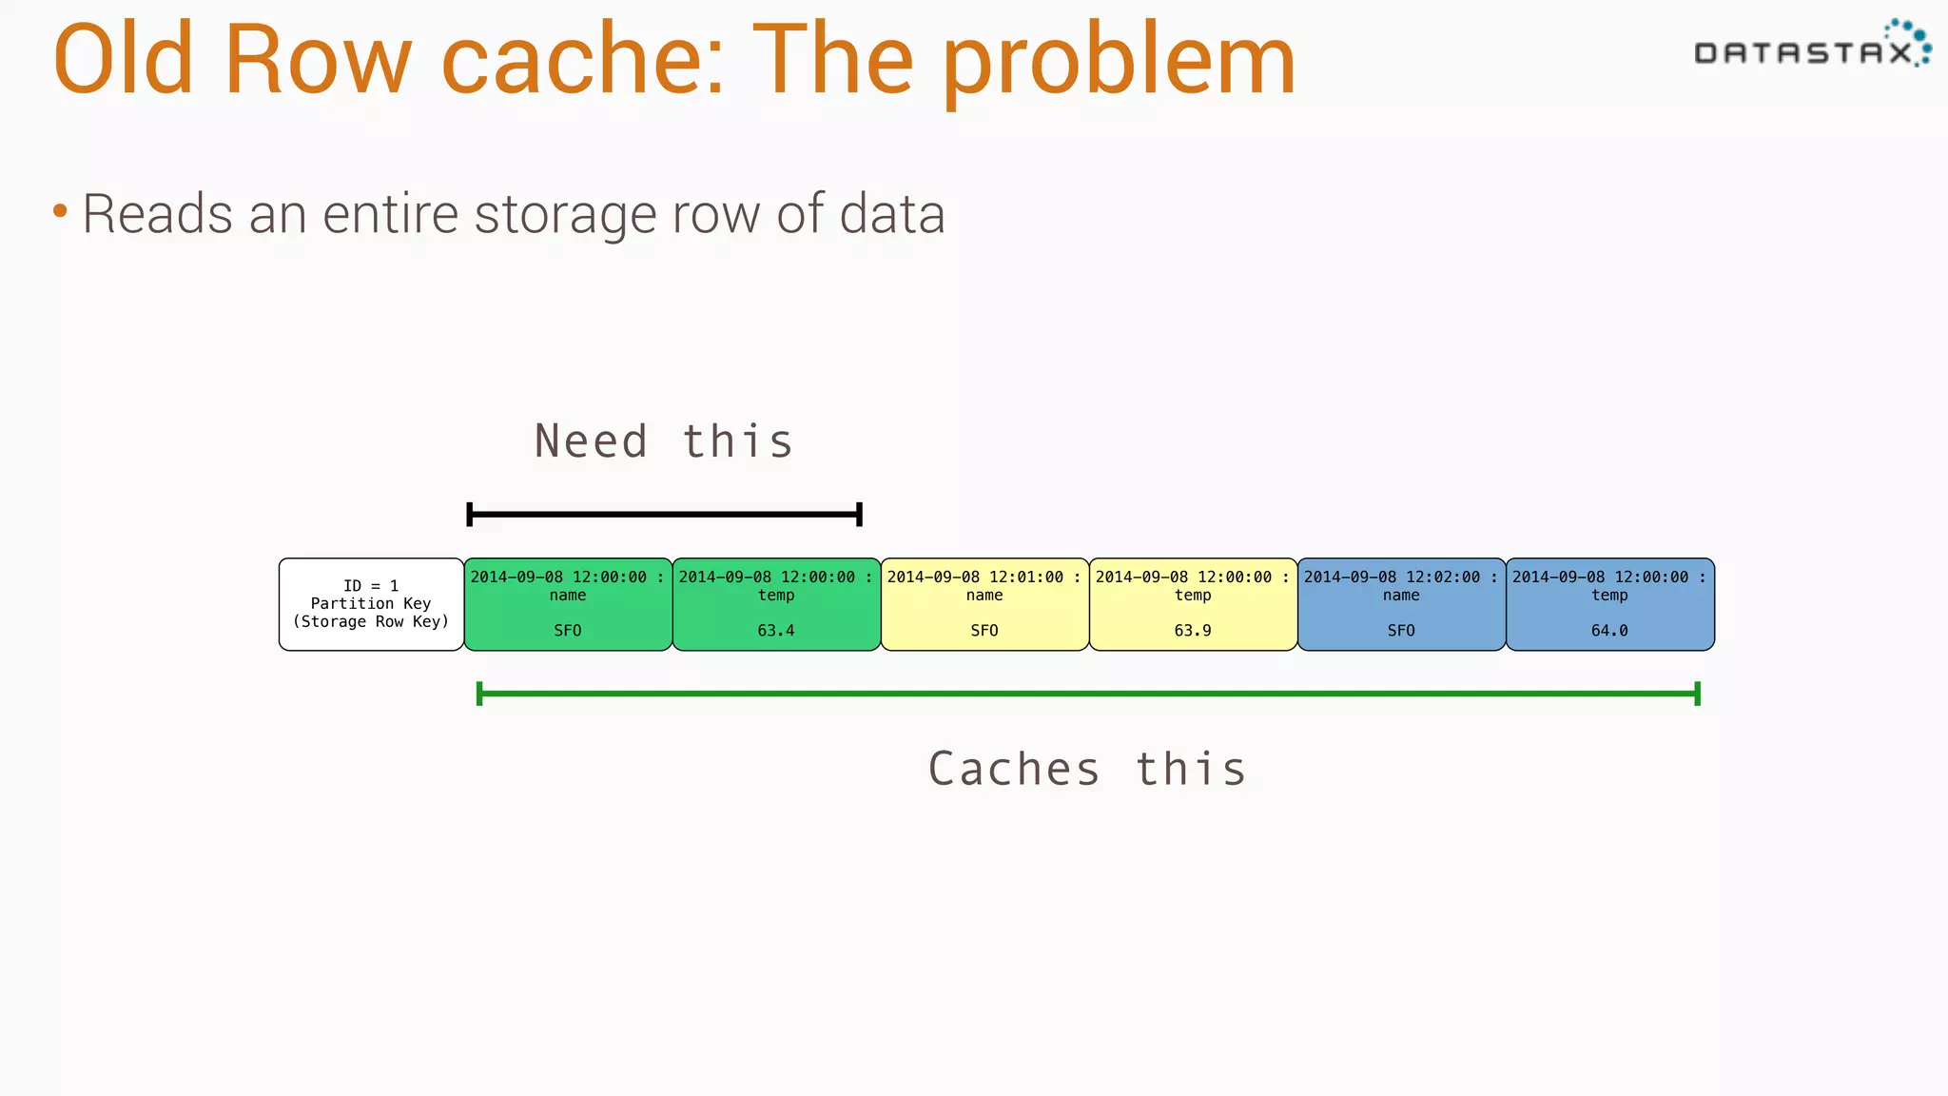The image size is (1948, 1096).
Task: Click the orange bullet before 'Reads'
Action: pos(60,210)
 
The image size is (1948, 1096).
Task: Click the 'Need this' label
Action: pos(663,441)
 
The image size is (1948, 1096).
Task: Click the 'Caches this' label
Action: pos(1086,769)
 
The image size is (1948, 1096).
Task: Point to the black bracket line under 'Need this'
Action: pos(664,515)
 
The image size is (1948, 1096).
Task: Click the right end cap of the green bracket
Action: pos(1697,694)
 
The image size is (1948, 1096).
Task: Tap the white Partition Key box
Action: pos(371,604)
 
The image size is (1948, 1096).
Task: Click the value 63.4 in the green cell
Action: pos(775,631)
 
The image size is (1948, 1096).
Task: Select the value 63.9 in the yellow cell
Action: pos(1192,631)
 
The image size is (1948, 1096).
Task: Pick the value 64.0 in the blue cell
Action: pos(1609,631)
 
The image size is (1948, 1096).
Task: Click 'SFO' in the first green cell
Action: pos(568,631)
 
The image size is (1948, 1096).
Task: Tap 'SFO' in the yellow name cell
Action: pos(984,631)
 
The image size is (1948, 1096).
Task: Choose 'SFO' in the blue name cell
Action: pos(1401,631)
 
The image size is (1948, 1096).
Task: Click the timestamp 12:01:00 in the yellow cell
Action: pos(1026,577)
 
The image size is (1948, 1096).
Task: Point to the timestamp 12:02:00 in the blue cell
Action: pos(1443,577)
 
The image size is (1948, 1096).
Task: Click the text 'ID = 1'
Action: pos(371,586)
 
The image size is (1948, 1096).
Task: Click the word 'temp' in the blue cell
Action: pos(1609,595)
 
